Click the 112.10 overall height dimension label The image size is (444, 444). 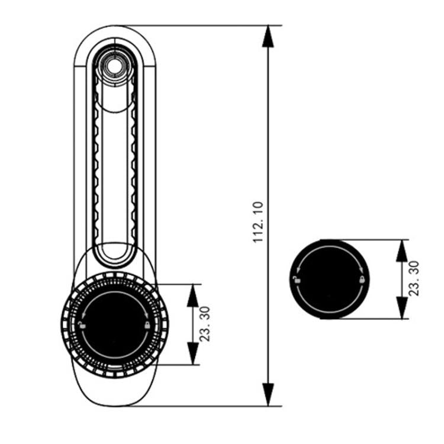point(258,223)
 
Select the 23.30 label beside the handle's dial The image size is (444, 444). point(205,324)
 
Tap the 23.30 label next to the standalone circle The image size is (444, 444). point(414,278)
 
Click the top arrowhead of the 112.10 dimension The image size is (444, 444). point(269,36)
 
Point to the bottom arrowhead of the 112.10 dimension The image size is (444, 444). point(269,395)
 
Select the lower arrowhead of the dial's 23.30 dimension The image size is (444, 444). point(192,353)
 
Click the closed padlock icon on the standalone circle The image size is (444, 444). point(361,279)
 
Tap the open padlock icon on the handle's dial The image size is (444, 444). point(82,325)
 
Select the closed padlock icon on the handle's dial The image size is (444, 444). point(146,325)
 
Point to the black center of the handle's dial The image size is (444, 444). point(114,324)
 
